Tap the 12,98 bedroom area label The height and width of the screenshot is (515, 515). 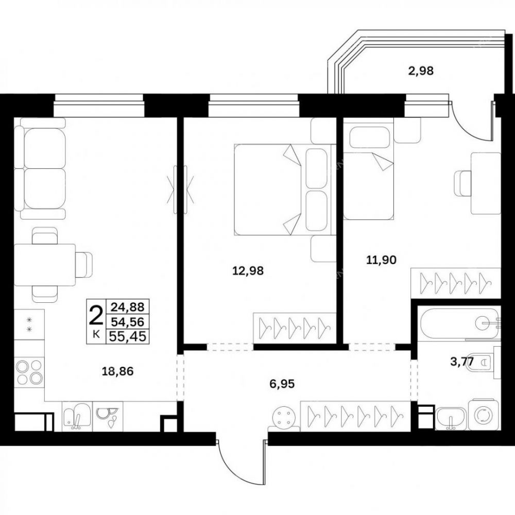(248, 271)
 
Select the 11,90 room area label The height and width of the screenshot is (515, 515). (381, 260)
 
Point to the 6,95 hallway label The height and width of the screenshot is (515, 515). (282, 383)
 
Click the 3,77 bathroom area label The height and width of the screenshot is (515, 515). (462, 362)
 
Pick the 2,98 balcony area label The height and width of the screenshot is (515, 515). (421, 71)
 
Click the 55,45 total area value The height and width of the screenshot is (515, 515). (127, 336)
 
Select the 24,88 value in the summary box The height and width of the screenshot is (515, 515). (127, 307)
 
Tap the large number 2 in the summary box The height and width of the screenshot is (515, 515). (96, 314)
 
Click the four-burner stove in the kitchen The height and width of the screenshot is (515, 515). (29, 372)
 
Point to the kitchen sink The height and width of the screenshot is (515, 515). (77, 416)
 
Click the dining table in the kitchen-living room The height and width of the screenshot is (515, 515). (45, 265)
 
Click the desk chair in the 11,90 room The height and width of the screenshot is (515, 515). (462, 183)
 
